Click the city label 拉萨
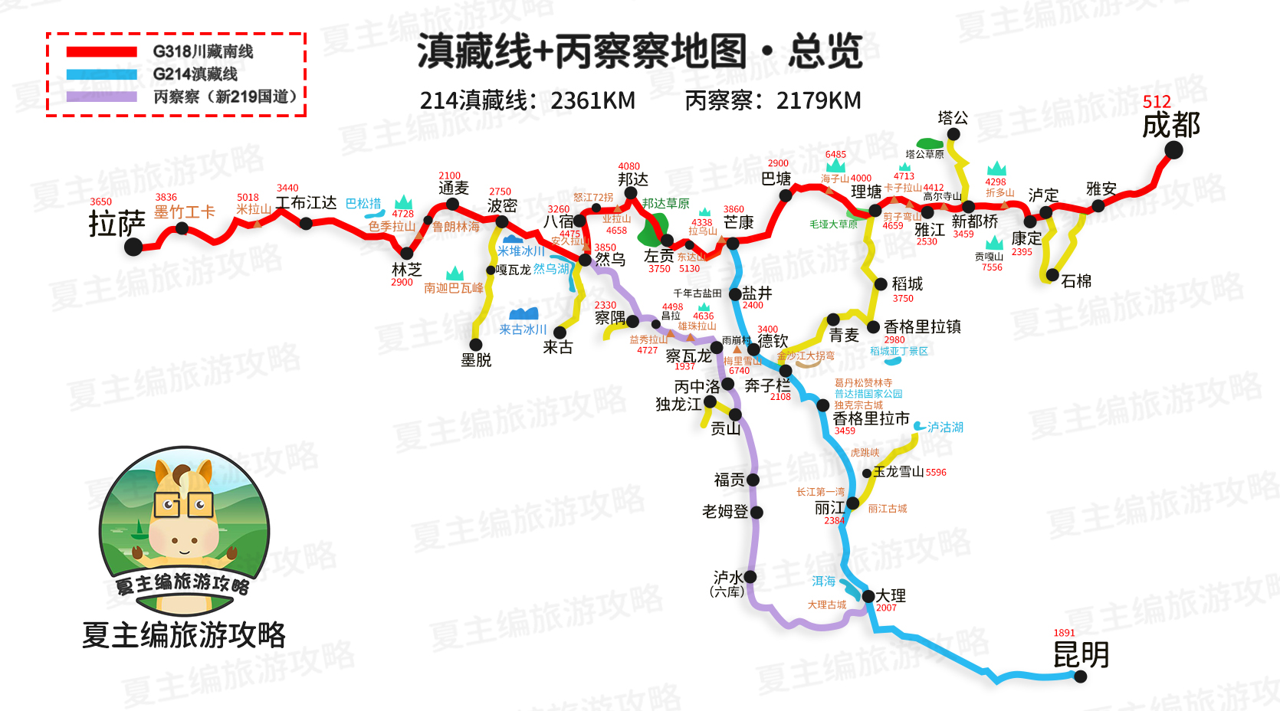[x=117, y=224]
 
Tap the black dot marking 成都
[x=1173, y=150]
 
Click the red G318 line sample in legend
[x=101, y=52]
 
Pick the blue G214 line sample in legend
[x=101, y=74]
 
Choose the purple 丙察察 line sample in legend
[x=101, y=97]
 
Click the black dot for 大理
[x=868, y=596]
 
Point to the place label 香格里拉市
[x=871, y=418]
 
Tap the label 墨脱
[x=476, y=360]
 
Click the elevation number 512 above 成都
[x=1157, y=102]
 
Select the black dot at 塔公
[x=953, y=134]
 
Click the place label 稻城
[x=907, y=284]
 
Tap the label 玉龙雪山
[x=898, y=472]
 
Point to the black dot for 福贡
[x=753, y=480]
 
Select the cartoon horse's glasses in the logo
[x=184, y=505]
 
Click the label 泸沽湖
[x=945, y=427]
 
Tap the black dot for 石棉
[x=1052, y=275]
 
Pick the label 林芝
[x=406, y=270]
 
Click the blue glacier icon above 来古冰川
[x=523, y=313]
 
